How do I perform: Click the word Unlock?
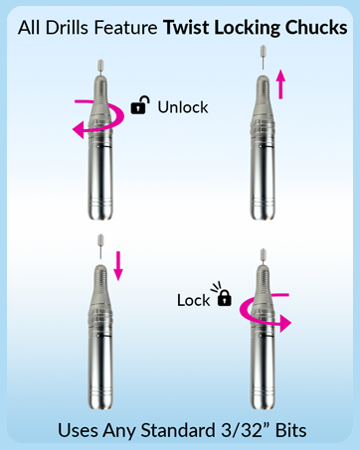tap(183, 106)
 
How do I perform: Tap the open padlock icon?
tap(141, 103)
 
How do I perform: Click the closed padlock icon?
tap(224, 298)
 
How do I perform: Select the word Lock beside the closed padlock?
tap(193, 299)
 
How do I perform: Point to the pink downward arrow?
tap(118, 264)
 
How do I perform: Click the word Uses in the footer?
tap(80, 430)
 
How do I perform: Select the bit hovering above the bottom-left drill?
tap(97, 241)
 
